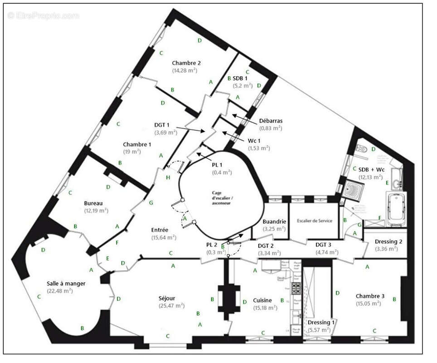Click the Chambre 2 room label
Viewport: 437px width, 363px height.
[186, 63]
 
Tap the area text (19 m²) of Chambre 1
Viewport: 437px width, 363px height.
[132, 152]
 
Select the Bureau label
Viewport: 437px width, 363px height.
[94, 204]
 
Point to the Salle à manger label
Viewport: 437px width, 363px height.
[66, 284]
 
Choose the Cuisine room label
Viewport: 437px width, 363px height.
[262, 300]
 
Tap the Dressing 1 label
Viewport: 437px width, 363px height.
[321, 323]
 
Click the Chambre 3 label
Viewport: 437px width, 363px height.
[370, 296]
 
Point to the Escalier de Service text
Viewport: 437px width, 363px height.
[315, 221]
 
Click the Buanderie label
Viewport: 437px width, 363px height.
[274, 221]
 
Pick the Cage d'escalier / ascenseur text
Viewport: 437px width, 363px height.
[222, 198]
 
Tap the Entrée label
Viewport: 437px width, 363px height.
[160, 230]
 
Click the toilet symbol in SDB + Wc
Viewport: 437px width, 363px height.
[361, 148]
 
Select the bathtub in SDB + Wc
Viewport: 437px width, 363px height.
[396, 209]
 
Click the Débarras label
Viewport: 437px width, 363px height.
[271, 121]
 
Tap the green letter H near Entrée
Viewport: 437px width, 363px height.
[168, 177]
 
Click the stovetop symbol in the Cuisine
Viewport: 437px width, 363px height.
[296, 288]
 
